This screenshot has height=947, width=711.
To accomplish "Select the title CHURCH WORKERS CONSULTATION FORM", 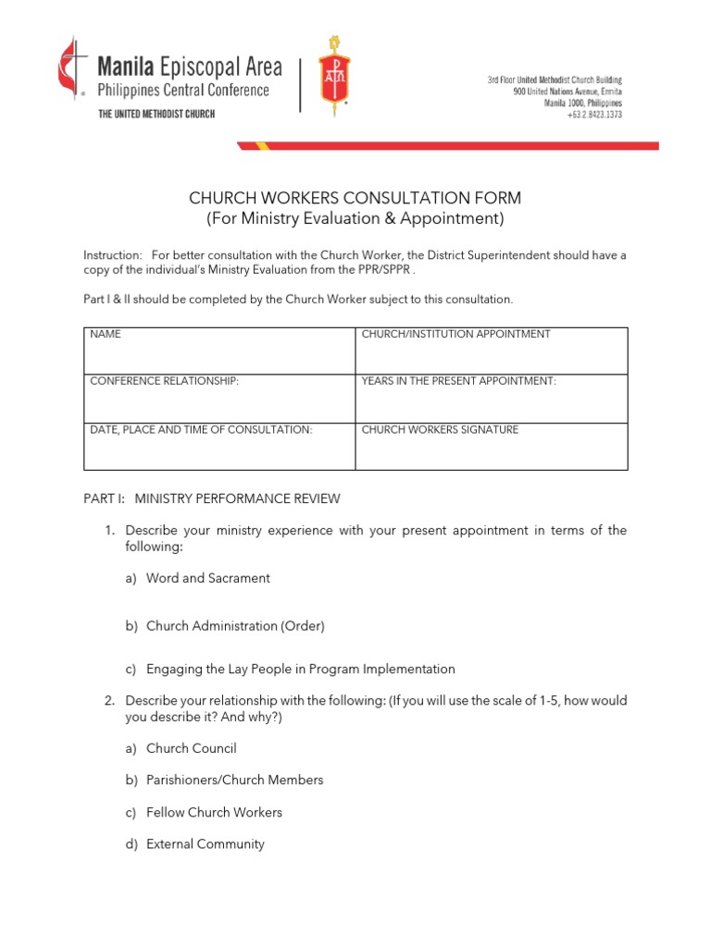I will pos(355,198).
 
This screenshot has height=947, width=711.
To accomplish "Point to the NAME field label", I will pos(106,334).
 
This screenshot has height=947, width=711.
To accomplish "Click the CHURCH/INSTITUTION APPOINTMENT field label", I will pos(455,334).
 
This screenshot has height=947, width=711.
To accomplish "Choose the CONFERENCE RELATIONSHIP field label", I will pos(164,381).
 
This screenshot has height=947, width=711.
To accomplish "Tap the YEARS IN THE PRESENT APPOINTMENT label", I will pos(458,381).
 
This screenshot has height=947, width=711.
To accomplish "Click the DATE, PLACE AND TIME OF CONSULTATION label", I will pos(201,430).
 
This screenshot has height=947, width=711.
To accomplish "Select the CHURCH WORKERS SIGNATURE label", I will pos(440,430).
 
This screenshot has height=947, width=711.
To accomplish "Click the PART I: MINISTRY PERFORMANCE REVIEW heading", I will pos(212,498).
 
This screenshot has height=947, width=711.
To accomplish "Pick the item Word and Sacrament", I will pos(207,578).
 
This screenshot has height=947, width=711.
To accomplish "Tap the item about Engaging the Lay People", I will pos(300,669).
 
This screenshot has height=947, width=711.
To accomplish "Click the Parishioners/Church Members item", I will pos(234,780).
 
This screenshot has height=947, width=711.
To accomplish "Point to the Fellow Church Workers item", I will pos(214,812).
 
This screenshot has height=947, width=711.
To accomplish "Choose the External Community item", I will pos(205,843).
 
